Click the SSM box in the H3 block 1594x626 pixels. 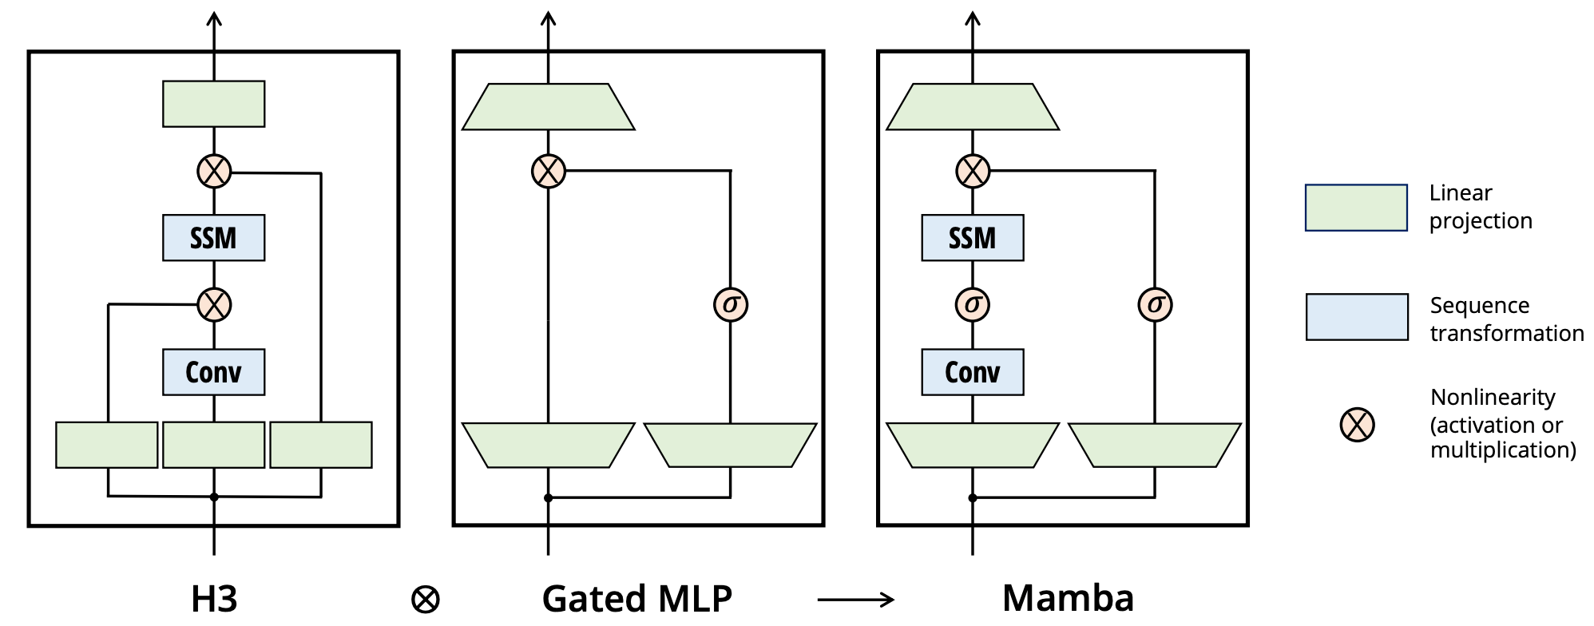click(x=213, y=238)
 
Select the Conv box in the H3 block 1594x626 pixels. click(x=213, y=372)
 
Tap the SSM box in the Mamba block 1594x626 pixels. click(x=972, y=238)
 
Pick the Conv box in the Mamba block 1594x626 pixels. click(x=972, y=372)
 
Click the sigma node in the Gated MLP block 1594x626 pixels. click(x=730, y=304)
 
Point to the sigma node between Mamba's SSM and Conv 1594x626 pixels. click(x=972, y=304)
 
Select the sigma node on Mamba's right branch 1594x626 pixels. click(x=1155, y=304)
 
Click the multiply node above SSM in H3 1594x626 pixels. click(x=214, y=171)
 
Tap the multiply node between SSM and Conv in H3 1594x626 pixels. click(x=214, y=304)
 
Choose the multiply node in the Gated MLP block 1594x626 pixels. click(x=548, y=171)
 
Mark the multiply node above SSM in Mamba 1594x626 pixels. click(x=972, y=171)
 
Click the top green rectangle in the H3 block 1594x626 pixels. click(x=213, y=104)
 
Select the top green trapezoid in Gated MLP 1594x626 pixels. click(x=548, y=107)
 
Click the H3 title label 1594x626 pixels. click(x=214, y=599)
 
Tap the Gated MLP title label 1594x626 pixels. click(x=636, y=599)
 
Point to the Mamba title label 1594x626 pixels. click(x=1068, y=599)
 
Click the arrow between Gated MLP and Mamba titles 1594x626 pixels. click(x=855, y=599)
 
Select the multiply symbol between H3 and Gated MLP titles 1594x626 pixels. click(x=426, y=600)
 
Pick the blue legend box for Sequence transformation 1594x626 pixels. click(x=1357, y=317)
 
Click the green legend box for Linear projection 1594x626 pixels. click(x=1356, y=208)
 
